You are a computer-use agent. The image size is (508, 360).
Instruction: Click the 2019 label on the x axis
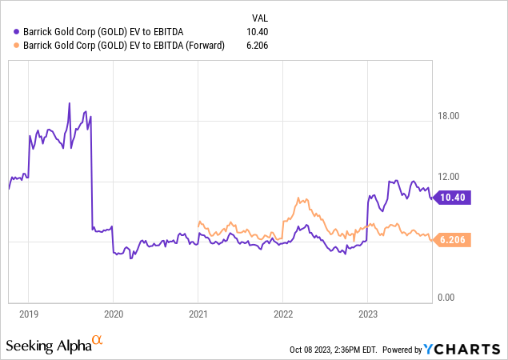[28, 314]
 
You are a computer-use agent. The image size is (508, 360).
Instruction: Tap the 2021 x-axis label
[198, 314]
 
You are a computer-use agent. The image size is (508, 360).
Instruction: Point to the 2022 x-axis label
[282, 314]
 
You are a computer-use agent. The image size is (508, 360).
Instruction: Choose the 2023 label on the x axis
[367, 314]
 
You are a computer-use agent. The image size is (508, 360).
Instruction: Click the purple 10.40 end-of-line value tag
[454, 196]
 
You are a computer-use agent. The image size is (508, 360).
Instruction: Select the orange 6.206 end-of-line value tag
[454, 238]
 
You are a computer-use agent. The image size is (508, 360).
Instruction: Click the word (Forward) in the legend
[202, 46]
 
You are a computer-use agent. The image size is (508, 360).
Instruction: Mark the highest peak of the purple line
[70, 103]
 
